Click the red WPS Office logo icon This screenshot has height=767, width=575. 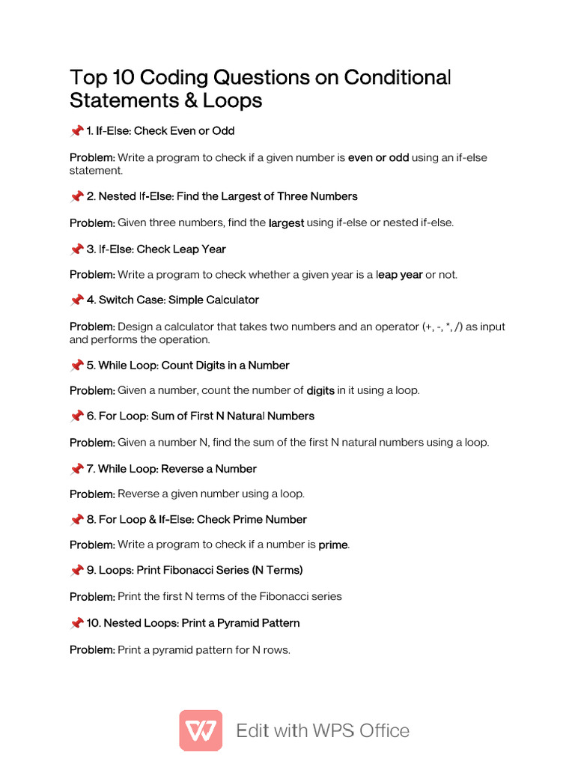[x=201, y=730]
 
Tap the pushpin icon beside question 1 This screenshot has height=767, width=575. [x=76, y=131]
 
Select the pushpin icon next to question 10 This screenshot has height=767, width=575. [x=76, y=623]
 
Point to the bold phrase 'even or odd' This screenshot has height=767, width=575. [x=379, y=158]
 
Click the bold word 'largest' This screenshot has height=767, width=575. [x=286, y=222]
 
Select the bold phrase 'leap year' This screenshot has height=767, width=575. [x=399, y=275]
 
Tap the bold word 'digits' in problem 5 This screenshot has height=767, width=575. [x=320, y=391]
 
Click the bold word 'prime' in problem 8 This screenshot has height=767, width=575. [x=333, y=545]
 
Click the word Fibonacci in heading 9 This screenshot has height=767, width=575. [x=197, y=570]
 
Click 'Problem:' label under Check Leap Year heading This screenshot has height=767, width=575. [x=92, y=275]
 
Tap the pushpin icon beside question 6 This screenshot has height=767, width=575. [x=76, y=416]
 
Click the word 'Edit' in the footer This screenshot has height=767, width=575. [x=253, y=730]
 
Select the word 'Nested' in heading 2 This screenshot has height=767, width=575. [x=117, y=196]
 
